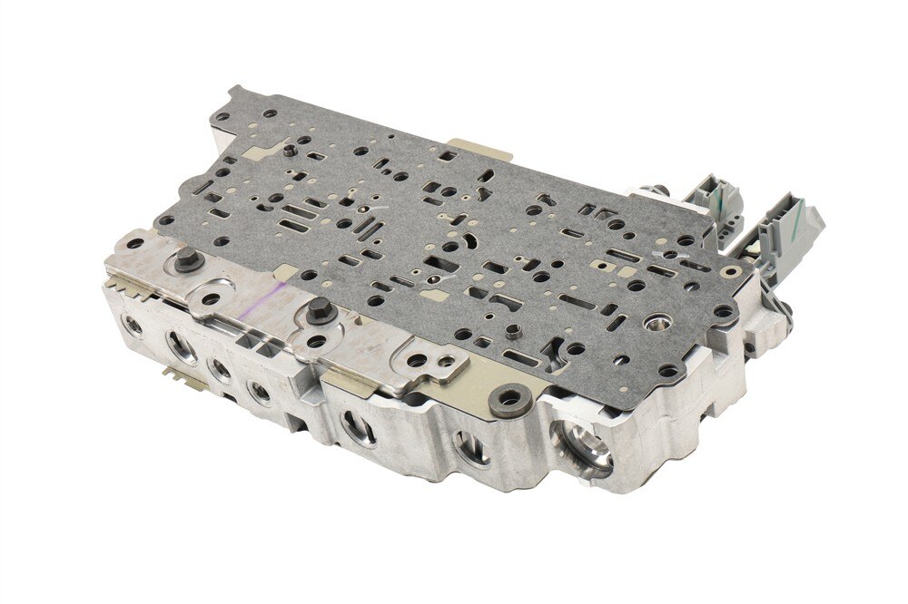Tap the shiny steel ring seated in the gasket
656,324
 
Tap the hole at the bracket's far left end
133,244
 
